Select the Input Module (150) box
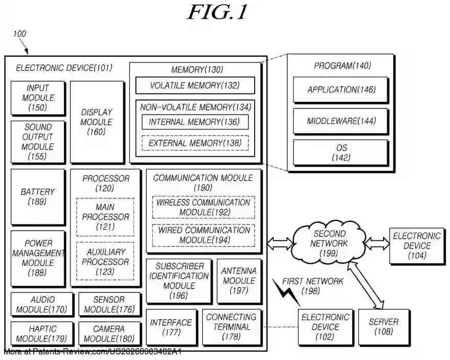tap(38, 98)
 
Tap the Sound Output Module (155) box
tap(38, 142)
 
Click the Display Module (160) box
tap(97, 122)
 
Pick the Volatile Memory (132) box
tap(195, 85)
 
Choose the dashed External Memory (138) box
tap(195, 143)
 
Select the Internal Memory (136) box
tap(195, 122)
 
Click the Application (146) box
tap(341, 90)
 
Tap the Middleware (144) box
tap(341, 121)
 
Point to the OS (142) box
tap(341, 153)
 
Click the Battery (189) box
tap(38, 196)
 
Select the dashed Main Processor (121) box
tap(105, 217)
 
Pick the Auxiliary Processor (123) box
tap(105, 261)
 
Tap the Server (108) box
tap(384, 327)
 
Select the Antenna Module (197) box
tap(239, 281)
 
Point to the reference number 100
tap(19, 34)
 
